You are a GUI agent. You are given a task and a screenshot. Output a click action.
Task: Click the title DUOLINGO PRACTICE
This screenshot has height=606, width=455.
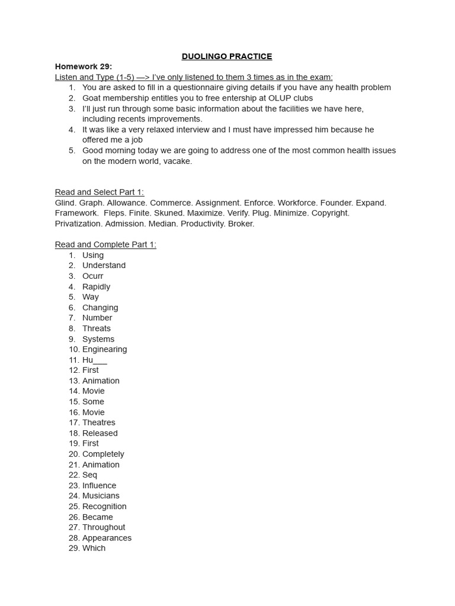[x=227, y=56]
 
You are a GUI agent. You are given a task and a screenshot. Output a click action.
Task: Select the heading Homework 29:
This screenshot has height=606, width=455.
[x=84, y=66]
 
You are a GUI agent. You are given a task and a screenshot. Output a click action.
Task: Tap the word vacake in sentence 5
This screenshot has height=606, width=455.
[x=178, y=161]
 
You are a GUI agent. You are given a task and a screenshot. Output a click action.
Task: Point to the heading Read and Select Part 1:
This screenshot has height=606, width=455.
[x=100, y=192]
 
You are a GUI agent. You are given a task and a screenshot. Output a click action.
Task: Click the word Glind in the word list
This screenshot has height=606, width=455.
[x=65, y=203]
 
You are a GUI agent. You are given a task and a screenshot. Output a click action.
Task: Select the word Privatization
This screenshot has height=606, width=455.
[x=79, y=224]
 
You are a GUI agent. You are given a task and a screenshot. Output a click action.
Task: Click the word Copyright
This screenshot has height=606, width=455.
[x=330, y=213]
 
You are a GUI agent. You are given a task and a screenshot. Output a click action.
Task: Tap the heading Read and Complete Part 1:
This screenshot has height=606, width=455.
[x=105, y=244]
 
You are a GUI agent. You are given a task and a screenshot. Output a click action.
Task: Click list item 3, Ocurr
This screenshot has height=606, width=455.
[x=92, y=276]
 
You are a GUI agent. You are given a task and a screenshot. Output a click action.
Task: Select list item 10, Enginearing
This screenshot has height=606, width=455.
[x=104, y=349]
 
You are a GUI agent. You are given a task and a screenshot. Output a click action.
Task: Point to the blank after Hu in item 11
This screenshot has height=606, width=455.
[x=100, y=360]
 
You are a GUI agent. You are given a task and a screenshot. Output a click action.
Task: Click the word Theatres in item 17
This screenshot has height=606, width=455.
[x=99, y=423]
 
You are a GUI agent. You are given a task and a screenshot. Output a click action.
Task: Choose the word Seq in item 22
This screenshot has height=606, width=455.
[x=89, y=475]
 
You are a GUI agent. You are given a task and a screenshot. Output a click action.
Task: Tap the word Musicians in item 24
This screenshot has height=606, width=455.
[x=101, y=496]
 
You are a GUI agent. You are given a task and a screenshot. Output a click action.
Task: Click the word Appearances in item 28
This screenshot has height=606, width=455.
[x=107, y=538]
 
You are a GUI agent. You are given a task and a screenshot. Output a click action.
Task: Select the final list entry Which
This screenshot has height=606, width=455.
[x=94, y=548]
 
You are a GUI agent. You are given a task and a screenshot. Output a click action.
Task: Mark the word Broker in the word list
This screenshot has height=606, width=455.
[x=241, y=224]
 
